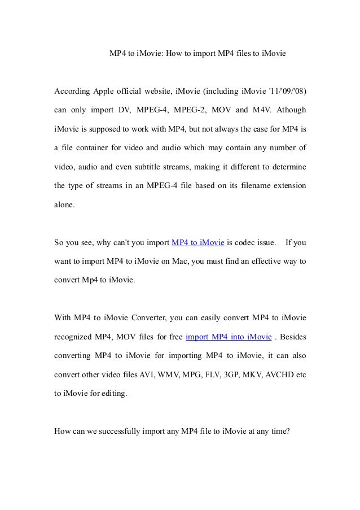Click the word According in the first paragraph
(x=72, y=92)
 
